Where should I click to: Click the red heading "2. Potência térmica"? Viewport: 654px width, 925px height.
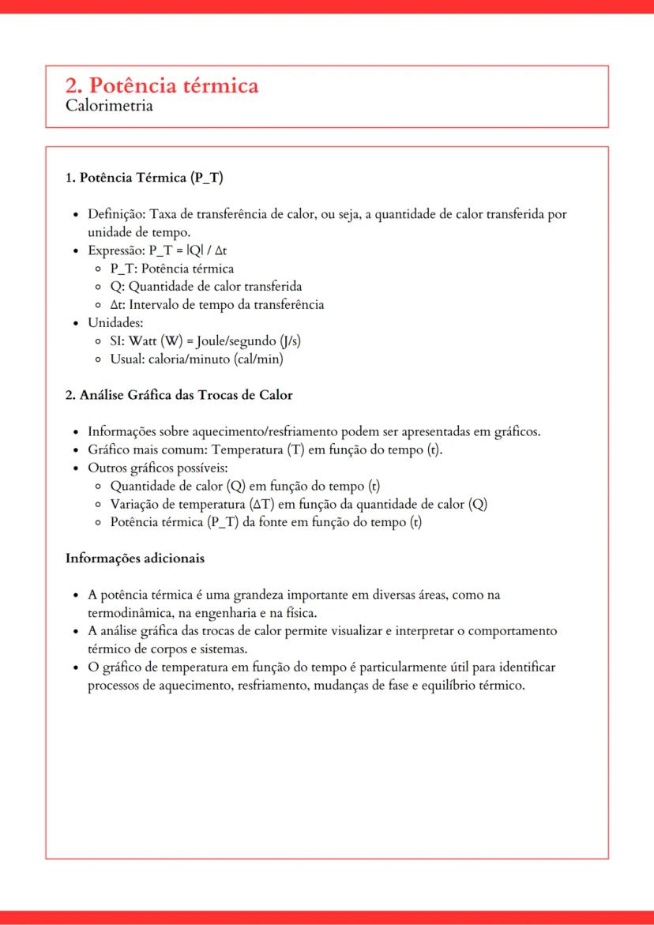point(162,85)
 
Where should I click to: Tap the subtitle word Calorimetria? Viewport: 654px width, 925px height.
point(109,106)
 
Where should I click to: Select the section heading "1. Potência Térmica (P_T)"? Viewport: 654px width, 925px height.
point(144,178)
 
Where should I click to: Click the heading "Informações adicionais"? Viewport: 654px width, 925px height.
point(134,558)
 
